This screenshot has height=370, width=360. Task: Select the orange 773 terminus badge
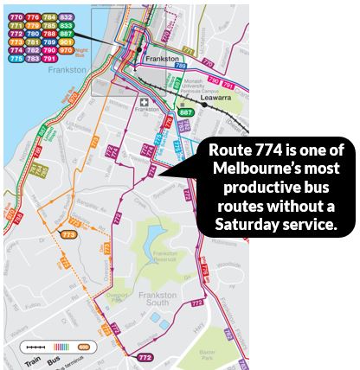(68, 233)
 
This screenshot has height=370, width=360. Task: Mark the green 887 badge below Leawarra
(185, 112)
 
